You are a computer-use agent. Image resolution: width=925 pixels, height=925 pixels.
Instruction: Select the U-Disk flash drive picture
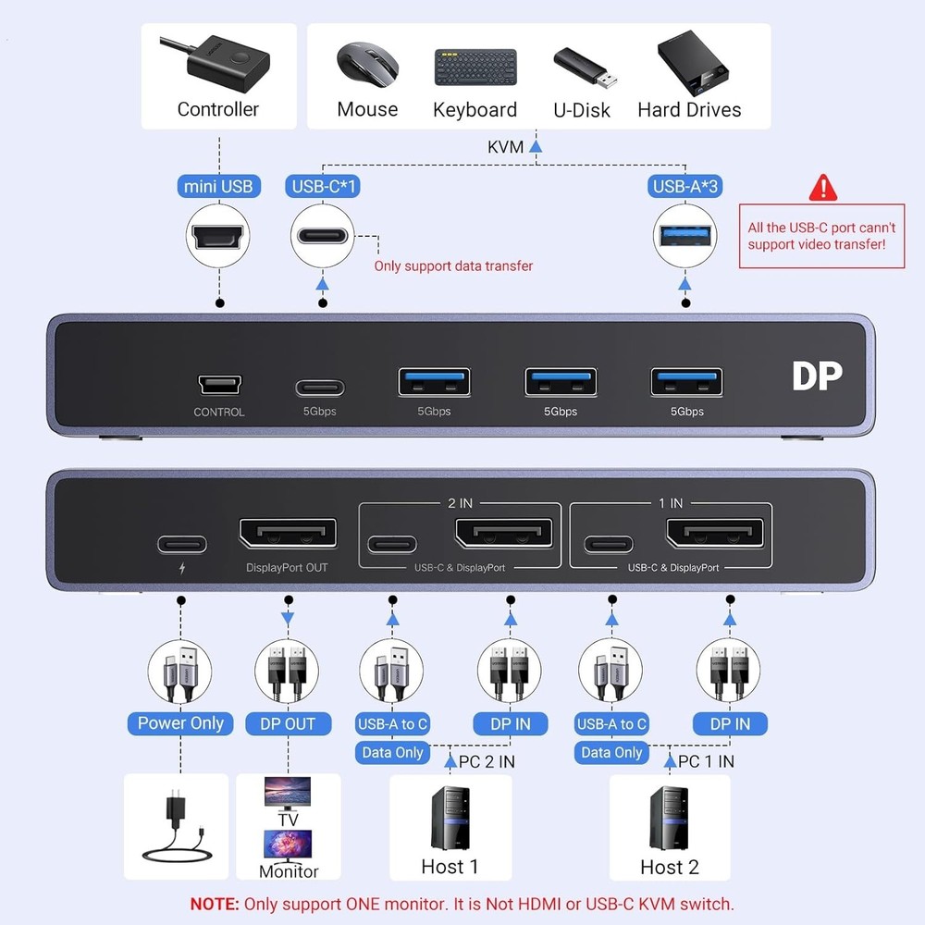(x=581, y=66)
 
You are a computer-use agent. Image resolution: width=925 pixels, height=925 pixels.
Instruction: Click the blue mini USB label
(x=218, y=186)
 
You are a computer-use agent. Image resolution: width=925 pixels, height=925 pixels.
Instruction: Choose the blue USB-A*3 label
(x=685, y=186)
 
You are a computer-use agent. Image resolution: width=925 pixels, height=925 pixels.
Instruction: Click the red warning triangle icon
(x=822, y=188)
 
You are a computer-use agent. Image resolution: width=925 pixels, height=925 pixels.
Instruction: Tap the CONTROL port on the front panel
(x=219, y=384)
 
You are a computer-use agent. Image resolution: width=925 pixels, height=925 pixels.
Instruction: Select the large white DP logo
(x=817, y=376)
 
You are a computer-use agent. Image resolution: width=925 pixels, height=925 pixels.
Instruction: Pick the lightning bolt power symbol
(x=180, y=570)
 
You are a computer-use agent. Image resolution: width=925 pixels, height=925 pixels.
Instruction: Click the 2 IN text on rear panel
(x=460, y=503)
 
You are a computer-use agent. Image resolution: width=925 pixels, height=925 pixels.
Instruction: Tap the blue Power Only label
(x=180, y=723)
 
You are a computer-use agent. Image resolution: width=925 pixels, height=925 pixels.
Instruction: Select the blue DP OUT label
(x=288, y=723)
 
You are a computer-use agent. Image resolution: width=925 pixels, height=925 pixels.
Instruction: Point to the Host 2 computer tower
(x=669, y=818)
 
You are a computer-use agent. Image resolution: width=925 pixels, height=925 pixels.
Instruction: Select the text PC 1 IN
(x=706, y=761)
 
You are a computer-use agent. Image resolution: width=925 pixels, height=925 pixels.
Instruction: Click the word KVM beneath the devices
(x=505, y=147)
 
